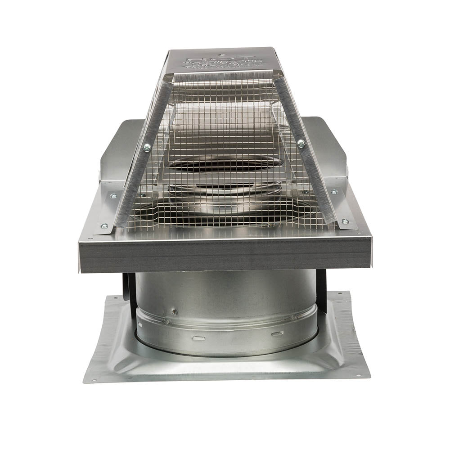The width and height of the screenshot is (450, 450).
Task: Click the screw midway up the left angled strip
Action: point(147,147)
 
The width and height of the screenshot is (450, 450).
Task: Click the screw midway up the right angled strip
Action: point(301,143)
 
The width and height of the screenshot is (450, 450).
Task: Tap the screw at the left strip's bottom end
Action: point(104,226)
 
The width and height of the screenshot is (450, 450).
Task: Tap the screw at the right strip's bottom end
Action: point(345,221)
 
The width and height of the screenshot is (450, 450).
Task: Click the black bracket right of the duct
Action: point(321,283)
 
